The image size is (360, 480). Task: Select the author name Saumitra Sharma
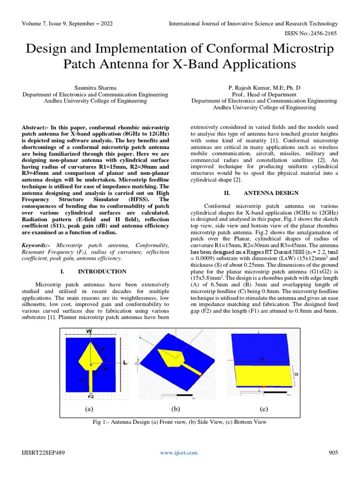[95, 87]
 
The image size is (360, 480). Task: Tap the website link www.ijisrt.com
[179, 452]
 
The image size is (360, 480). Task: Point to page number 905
[333, 452]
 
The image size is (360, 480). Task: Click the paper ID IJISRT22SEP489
[43, 452]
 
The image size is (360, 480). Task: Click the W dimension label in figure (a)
[89, 331]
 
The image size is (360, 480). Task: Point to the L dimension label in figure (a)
[126, 363]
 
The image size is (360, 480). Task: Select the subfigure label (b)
[176, 409]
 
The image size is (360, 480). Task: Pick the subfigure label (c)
[264, 409]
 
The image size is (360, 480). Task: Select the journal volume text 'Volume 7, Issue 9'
[52, 23]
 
